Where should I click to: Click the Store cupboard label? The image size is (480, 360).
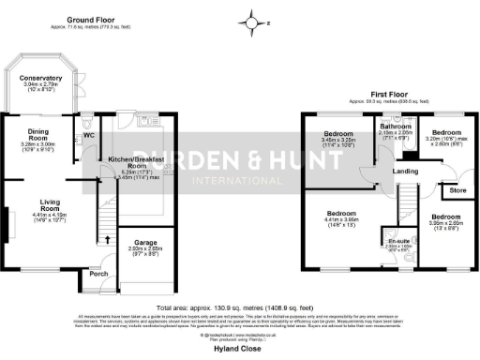coord(457,191)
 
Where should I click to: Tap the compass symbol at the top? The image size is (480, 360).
coord(250,20)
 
